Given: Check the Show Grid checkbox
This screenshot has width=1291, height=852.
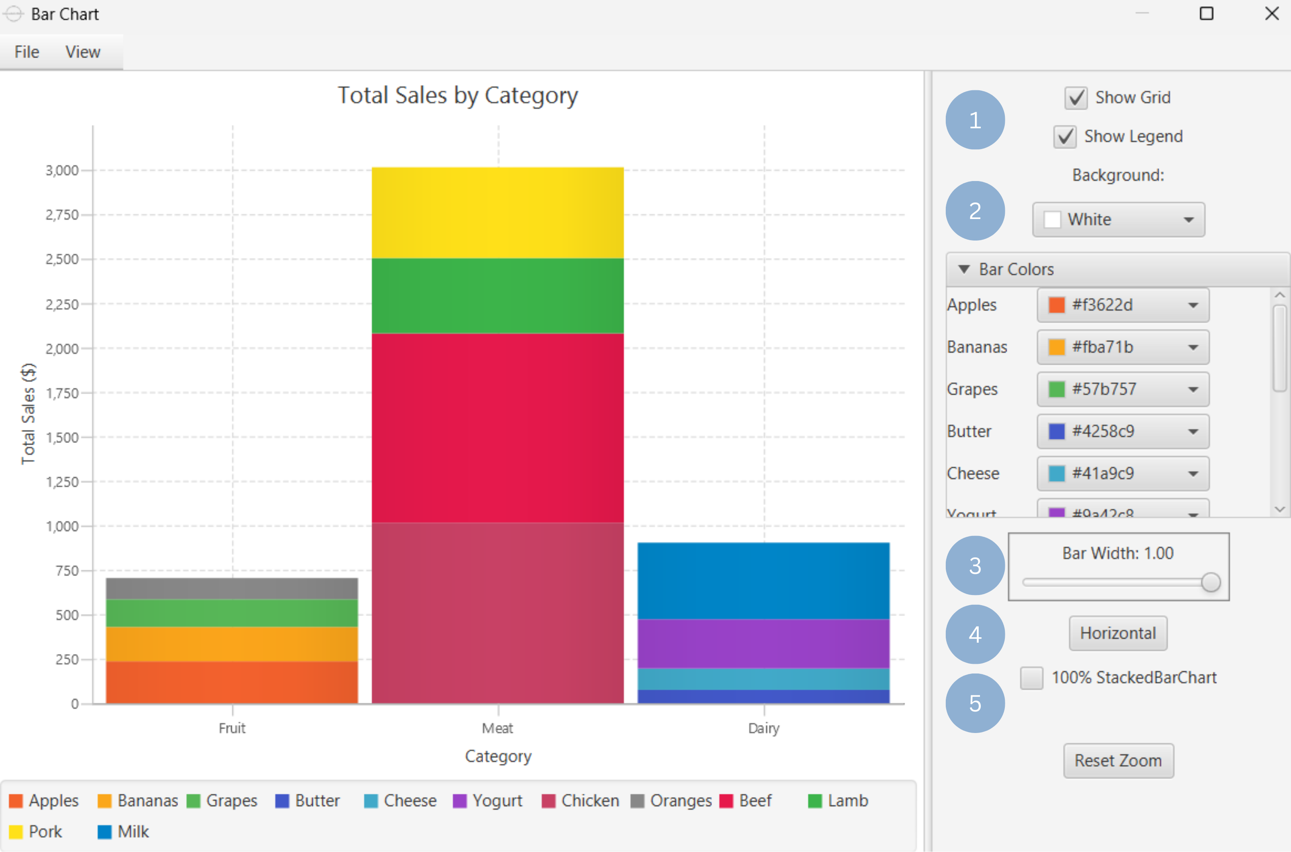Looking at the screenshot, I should (1075, 98).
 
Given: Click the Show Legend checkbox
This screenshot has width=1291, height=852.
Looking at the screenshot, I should (1064, 136).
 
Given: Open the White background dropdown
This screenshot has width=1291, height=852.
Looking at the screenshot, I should (1118, 219).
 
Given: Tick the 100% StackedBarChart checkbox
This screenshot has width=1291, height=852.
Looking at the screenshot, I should (1031, 678).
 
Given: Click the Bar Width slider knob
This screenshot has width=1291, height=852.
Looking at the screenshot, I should (1210, 582).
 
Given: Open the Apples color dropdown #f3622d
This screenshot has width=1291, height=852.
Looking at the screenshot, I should (1123, 305).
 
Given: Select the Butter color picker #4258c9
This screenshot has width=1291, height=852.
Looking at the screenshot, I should (1123, 431).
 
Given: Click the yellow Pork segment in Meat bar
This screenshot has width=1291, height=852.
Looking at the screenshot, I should (497, 213).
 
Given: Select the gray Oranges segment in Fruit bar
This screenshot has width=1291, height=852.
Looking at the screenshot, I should (232, 589).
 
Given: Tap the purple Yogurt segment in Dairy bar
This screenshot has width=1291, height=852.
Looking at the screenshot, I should (763, 644).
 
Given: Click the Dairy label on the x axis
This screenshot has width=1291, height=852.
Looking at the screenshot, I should (763, 728).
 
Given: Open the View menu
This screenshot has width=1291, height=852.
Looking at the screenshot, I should (83, 52).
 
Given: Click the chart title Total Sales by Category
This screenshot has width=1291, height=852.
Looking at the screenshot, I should (457, 96).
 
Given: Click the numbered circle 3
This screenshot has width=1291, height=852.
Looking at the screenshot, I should (975, 565).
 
